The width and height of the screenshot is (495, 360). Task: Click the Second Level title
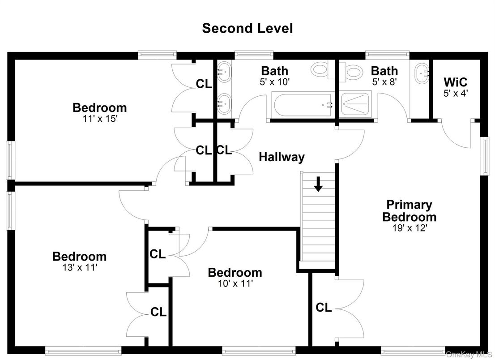(247, 28)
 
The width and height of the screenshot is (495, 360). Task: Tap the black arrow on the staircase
(318, 184)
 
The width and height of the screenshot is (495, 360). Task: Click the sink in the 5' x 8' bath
(421, 73)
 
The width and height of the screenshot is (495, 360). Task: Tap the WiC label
(455, 82)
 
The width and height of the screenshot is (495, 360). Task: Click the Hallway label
(282, 157)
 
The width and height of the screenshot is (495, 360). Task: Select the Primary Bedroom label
(409, 210)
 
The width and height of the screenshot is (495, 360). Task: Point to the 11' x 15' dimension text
(100, 119)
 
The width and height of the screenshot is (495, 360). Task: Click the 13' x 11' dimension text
(80, 267)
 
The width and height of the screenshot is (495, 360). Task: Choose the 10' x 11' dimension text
(235, 283)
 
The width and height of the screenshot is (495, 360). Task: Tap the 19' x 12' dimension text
(410, 228)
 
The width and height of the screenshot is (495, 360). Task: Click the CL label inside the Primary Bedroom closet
(324, 307)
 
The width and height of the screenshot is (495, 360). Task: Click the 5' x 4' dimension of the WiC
(455, 93)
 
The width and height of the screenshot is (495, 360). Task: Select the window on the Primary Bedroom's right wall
(484, 156)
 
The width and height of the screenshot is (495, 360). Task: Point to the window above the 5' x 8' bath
(387, 55)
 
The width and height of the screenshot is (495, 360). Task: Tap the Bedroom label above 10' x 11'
(235, 273)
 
